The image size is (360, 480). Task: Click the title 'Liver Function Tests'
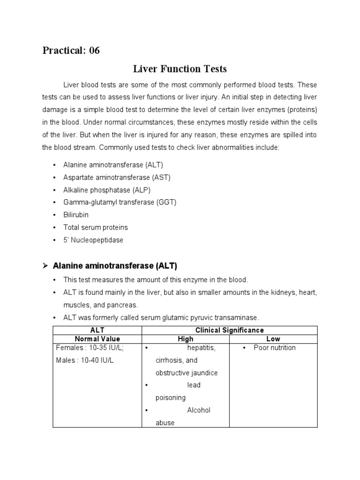180,69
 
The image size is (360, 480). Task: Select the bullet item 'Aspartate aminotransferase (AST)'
117,177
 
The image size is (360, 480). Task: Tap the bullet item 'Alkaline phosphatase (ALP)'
107,190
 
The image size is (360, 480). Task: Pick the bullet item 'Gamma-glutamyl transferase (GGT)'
120,202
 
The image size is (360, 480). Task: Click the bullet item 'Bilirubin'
76,215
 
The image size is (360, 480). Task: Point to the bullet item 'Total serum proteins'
96,227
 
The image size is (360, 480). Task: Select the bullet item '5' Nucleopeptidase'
93,240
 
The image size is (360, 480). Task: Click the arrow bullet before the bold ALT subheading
45,266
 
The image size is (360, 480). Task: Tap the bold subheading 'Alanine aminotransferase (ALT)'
115,266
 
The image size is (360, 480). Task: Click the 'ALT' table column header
97,330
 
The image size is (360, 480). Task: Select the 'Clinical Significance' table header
229,330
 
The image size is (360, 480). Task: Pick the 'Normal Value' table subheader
97,339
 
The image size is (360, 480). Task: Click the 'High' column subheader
186,339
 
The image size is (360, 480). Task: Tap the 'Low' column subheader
273,339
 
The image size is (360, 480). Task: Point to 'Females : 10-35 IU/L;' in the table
90,348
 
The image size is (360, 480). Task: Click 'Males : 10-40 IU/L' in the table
84,360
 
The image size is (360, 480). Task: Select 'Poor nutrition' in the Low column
274,348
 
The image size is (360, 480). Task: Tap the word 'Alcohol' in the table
199,410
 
